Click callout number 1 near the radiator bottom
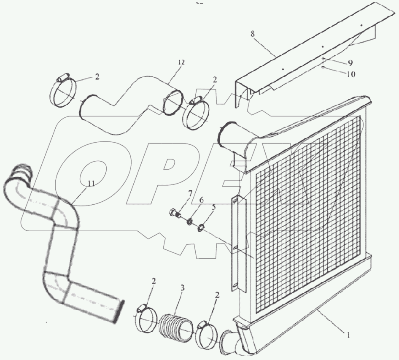pos(348,336)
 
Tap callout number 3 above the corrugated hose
pos(182,288)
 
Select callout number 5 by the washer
pos(213,207)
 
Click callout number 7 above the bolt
pos(190,194)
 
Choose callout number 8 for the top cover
pos(252,34)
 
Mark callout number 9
pos(350,63)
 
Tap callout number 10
pos(351,74)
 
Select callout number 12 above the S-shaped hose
pos(181,62)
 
